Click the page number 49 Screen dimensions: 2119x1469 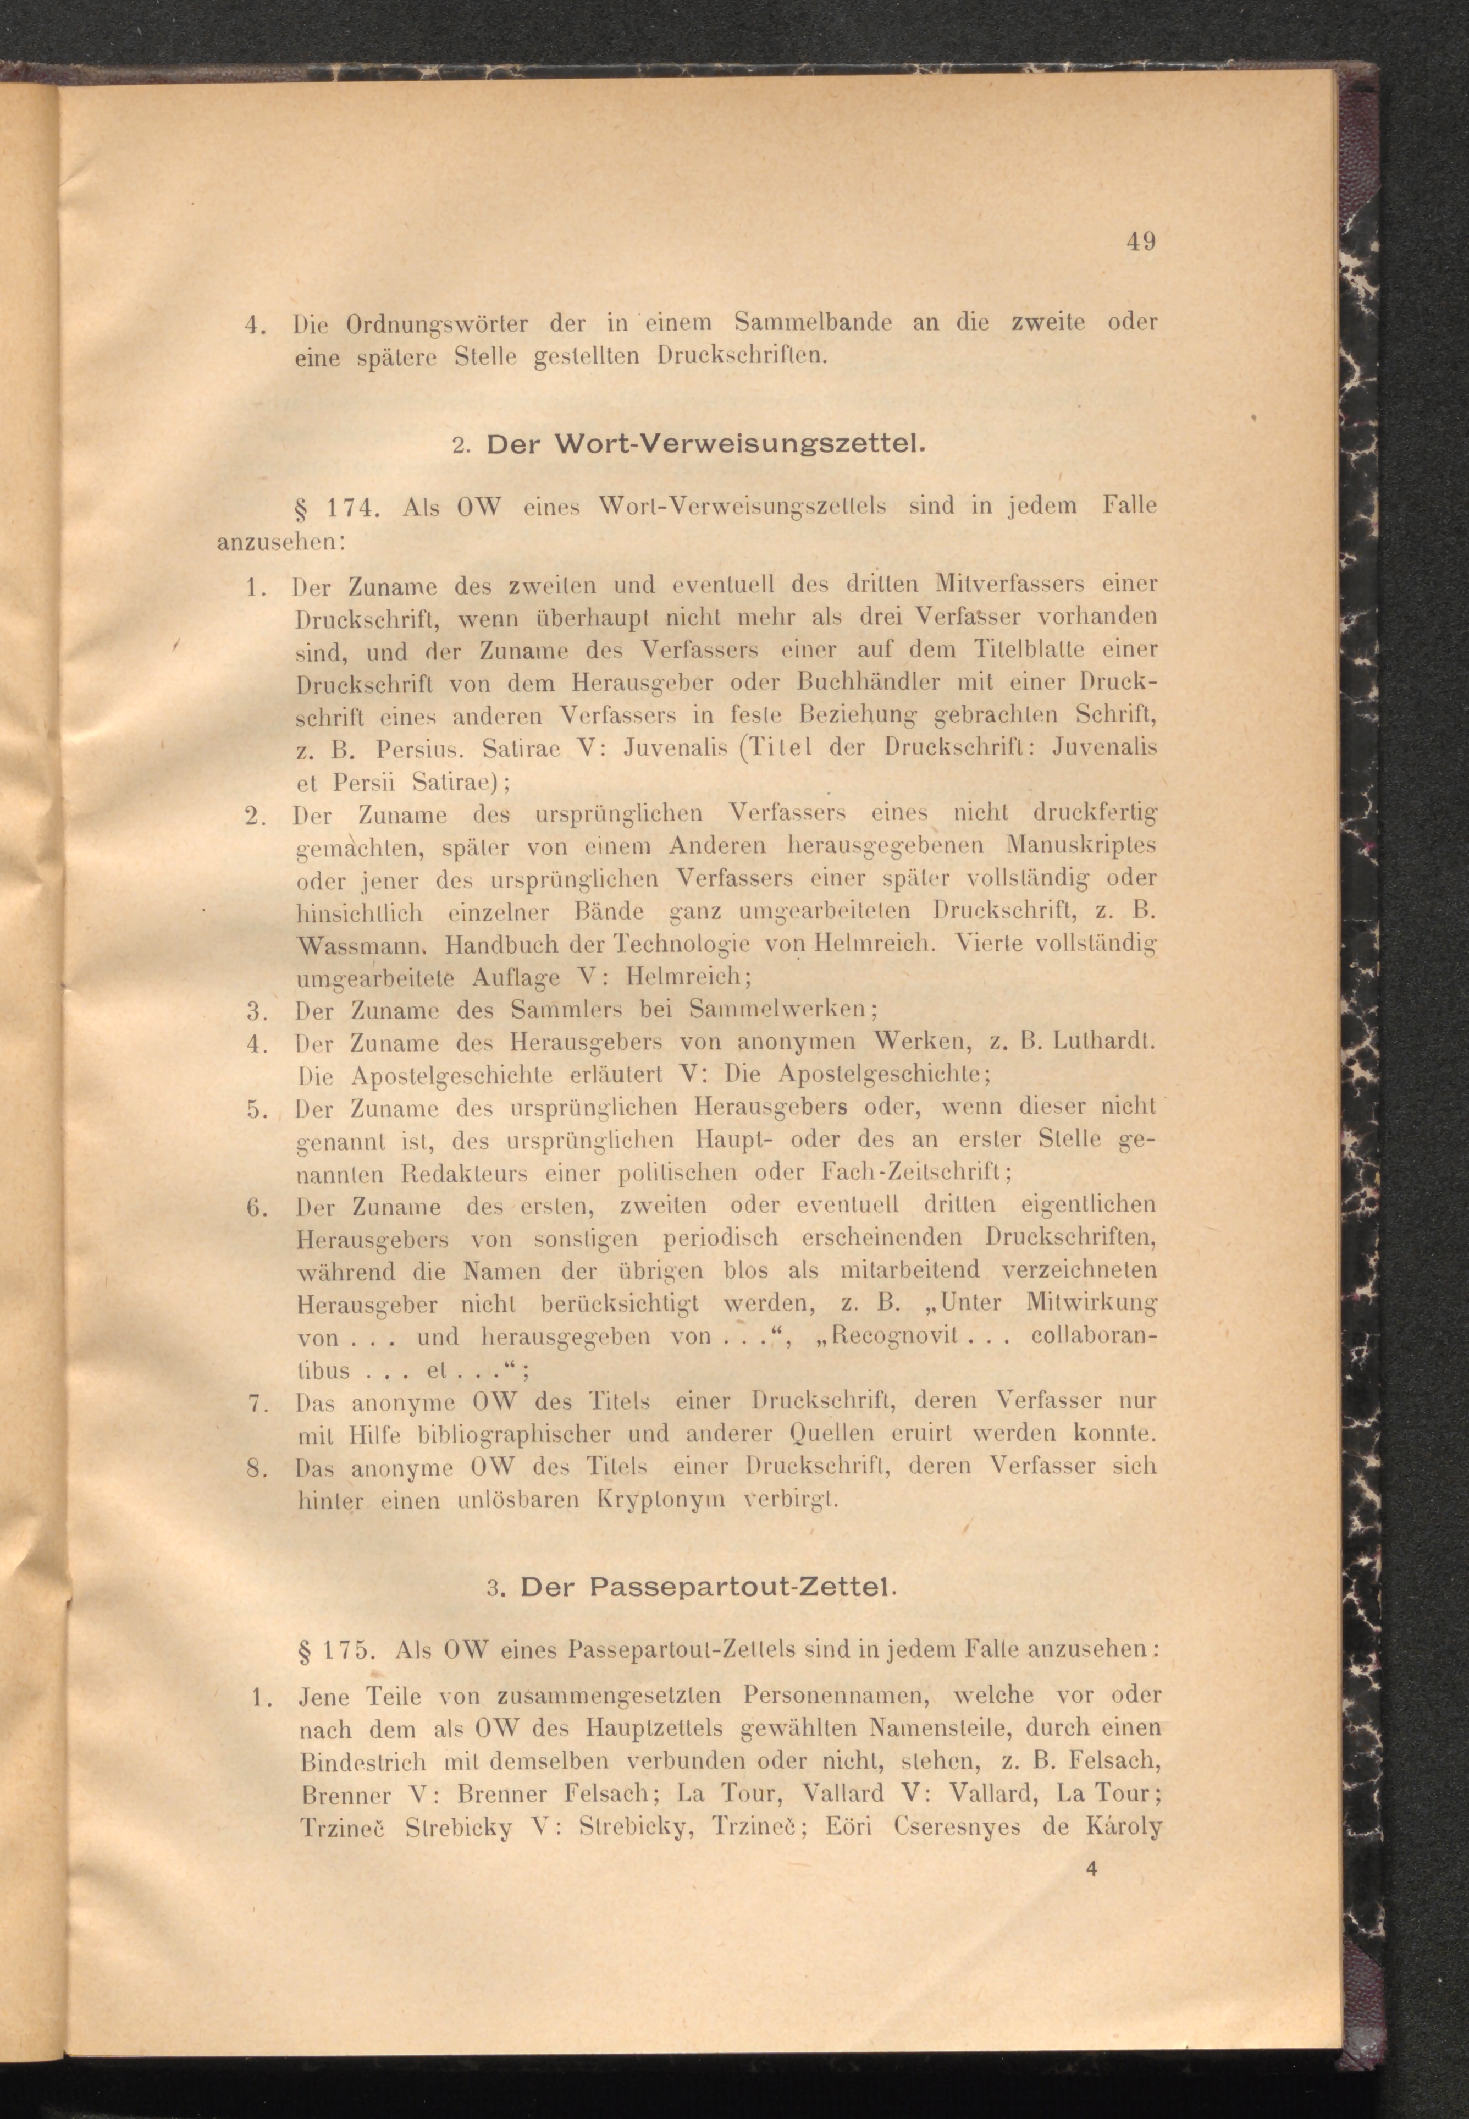click(1140, 242)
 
